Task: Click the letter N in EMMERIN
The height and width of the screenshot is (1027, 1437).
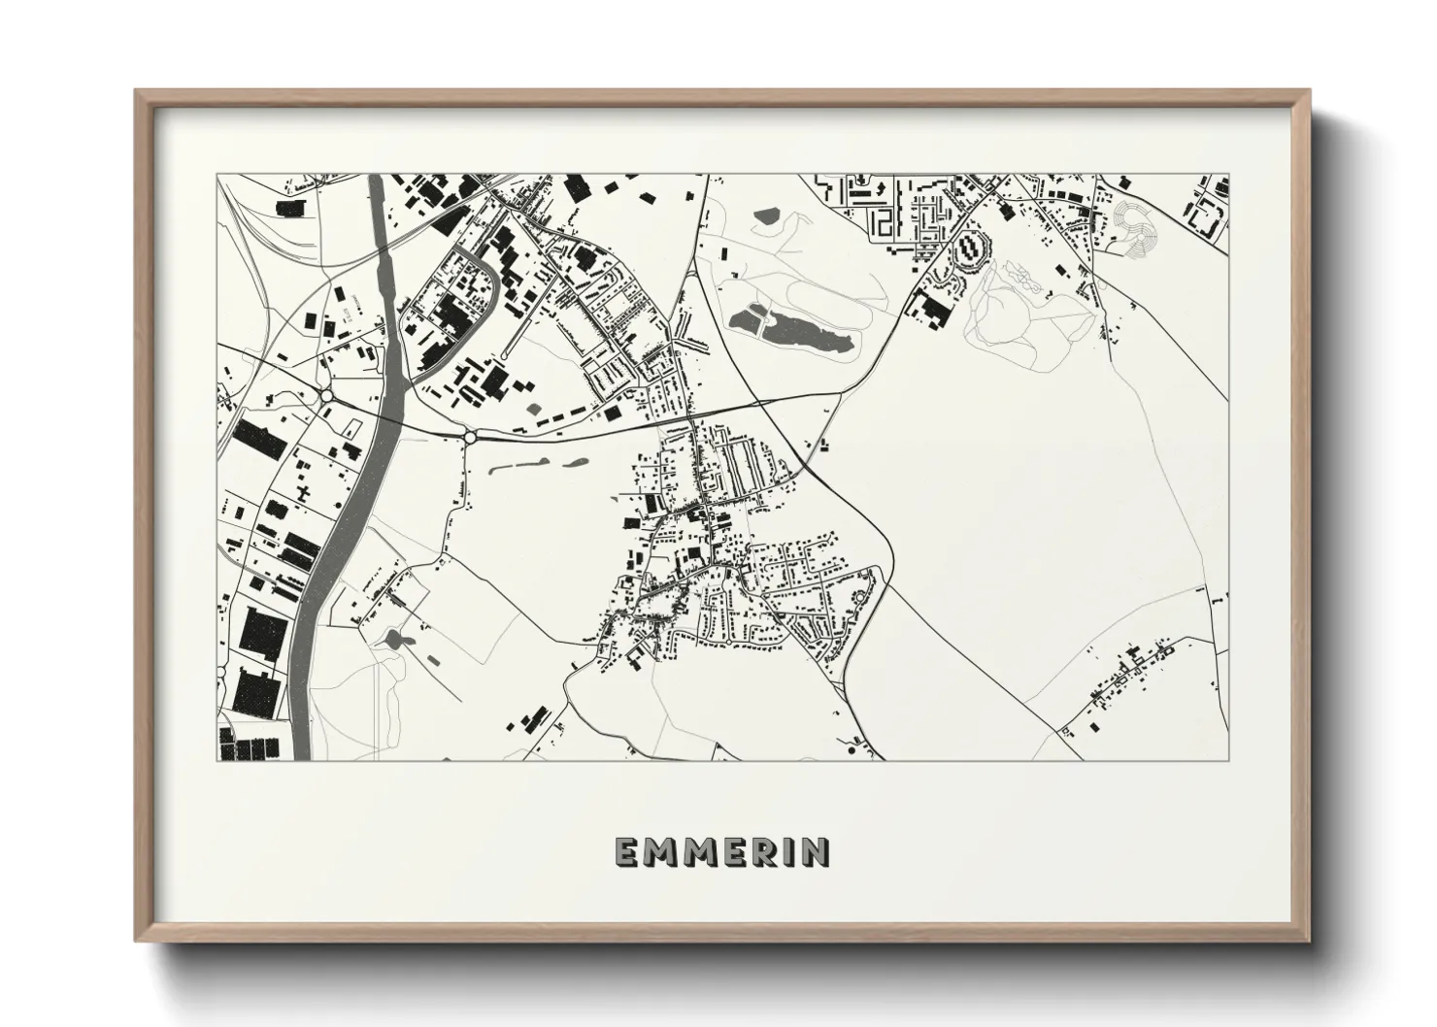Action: (818, 851)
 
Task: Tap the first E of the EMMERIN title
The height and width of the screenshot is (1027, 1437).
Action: (626, 851)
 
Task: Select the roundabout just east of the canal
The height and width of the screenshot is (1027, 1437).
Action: (471, 438)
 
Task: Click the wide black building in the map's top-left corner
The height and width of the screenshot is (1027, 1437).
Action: (290, 207)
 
